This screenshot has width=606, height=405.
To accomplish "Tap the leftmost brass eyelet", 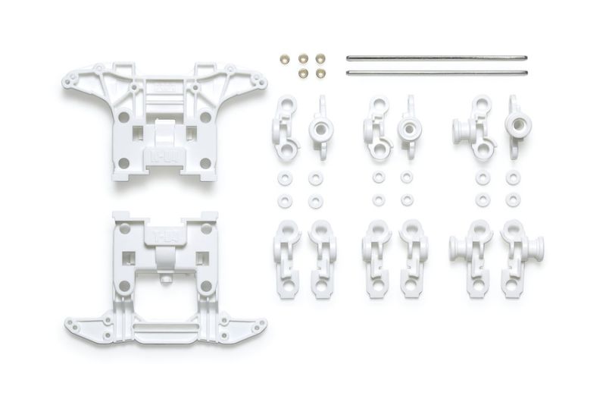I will (x=286, y=58).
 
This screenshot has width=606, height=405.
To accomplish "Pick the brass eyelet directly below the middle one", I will (x=303, y=74).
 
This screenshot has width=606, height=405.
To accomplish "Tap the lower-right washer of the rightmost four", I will (x=513, y=200).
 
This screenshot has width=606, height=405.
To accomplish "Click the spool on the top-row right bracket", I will (x=520, y=124).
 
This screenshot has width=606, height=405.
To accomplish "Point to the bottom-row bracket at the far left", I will (x=287, y=259).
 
